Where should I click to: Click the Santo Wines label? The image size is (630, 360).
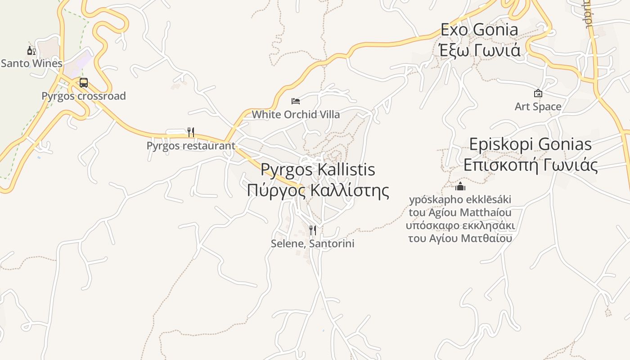tap(31, 63)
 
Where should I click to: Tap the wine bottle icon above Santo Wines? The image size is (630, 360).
tap(31, 50)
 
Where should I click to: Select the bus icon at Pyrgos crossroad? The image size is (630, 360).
tap(84, 83)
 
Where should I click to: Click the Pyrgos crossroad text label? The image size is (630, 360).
tap(84, 96)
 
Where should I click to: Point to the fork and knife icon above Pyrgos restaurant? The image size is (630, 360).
tap(191, 132)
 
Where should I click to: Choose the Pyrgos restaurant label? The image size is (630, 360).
tap(191, 145)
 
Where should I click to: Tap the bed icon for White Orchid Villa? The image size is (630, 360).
tap(296, 101)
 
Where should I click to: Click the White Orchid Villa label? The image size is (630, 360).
tap(296, 114)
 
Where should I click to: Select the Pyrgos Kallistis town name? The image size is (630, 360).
tap(318, 170)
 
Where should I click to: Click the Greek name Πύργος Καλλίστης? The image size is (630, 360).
tap(318, 190)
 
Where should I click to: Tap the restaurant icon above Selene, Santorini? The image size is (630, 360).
tap(313, 230)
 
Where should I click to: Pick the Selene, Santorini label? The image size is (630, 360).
tap(313, 243)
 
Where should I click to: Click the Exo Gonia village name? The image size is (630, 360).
tap(479, 30)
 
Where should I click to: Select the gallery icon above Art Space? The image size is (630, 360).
tap(538, 94)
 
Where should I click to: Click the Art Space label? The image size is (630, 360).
tap(538, 107)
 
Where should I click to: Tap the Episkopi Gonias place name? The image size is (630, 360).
tap(531, 144)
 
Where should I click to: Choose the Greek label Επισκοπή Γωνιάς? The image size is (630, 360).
tap(531, 165)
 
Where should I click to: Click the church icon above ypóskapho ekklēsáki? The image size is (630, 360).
tap(460, 186)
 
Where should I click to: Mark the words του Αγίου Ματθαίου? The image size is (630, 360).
tap(460, 238)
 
